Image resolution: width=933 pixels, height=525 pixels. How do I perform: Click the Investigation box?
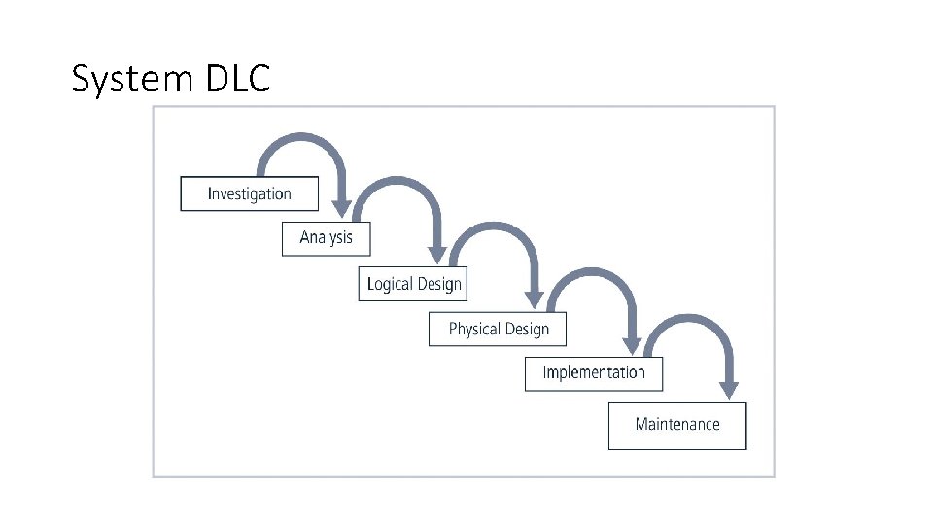tap(249, 192)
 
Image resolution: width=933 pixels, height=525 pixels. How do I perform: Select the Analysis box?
tap(326, 237)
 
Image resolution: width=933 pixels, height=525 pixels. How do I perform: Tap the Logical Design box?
tap(413, 284)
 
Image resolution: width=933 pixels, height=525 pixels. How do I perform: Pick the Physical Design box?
tap(498, 329)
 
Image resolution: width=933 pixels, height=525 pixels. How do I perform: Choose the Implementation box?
tap(593, 372)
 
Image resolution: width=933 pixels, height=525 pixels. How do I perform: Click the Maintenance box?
tap(676, 425)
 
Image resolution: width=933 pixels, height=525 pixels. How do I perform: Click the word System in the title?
tap(133, 79)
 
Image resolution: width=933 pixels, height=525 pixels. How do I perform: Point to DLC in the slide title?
tap(237, 79)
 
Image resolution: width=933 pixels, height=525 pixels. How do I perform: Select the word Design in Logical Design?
tap(439, 284)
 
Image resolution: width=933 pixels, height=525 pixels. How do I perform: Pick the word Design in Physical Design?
tap(526, 329)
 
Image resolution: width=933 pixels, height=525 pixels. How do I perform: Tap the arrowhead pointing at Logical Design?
tap(437, 254)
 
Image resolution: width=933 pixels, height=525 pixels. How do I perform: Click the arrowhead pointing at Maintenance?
tap(729, 389)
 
